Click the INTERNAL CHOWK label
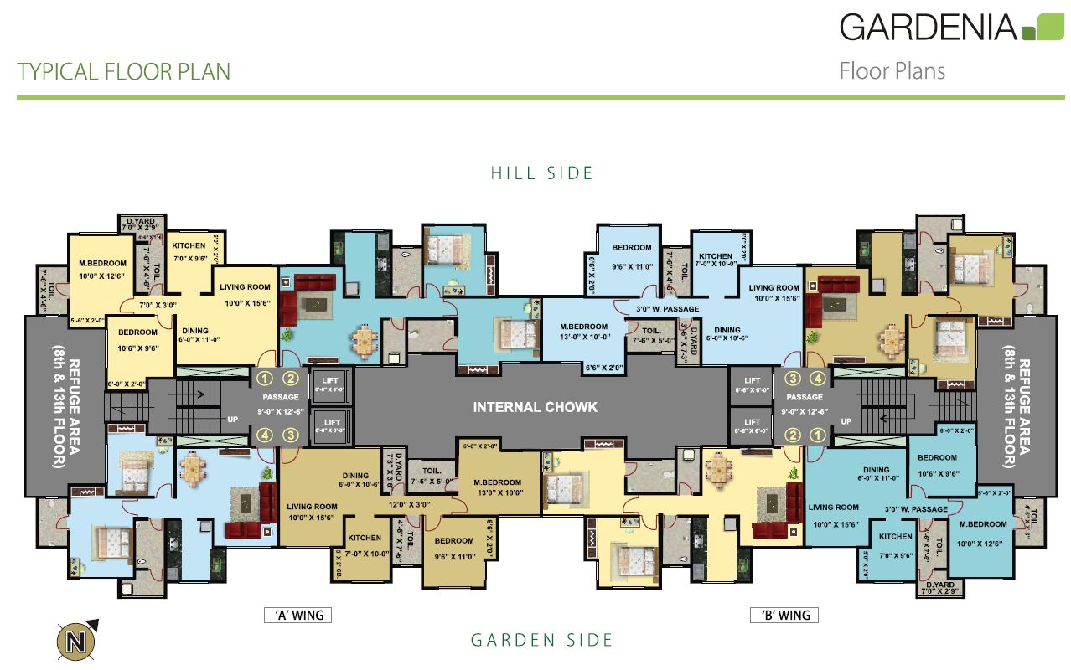[x=535, y=407]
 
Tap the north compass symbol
[x=77, y=642]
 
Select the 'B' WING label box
[x=784, y=616]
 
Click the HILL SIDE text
[x=541, y=173]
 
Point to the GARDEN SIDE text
[x=541, y=641]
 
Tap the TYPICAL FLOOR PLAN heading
[x=124, y=72]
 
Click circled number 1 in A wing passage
[x=266, y=379]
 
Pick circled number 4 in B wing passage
[x=818, y=379]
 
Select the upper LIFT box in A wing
[x=332, y=385]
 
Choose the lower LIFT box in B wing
[x=752, y=426]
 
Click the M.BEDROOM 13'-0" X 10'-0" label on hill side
[x=584, y=332]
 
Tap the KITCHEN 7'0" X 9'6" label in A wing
[x=189, y=251]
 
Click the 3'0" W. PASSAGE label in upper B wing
[x=667, y=309]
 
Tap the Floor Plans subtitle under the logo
[x=892, y=71]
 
